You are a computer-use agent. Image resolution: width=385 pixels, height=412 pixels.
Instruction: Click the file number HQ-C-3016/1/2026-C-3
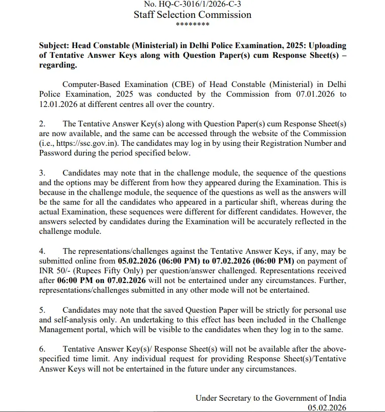click(193, 4)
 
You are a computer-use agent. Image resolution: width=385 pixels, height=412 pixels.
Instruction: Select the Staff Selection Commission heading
click(193, 14)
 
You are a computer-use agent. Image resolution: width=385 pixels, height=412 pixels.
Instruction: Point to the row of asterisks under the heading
click(193, 25)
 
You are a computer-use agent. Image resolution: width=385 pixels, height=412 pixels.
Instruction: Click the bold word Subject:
click(55, 46)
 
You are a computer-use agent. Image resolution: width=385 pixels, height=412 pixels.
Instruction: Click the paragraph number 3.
click(42, 173)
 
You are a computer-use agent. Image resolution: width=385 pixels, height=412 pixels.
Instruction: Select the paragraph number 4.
click(42, 251)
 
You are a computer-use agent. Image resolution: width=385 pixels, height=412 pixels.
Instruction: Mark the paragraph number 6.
click(42, 349)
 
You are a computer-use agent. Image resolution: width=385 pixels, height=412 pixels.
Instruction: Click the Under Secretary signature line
click(270, 398)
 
